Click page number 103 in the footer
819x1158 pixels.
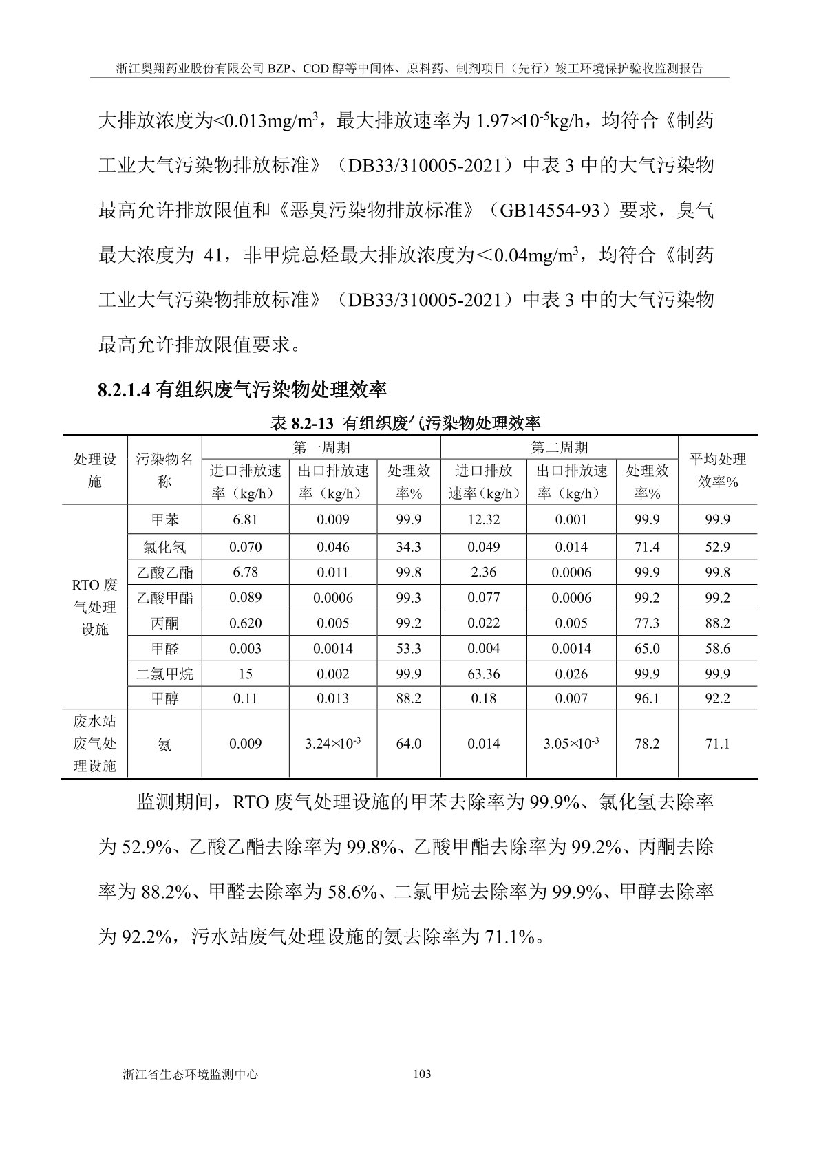pos(421,1074)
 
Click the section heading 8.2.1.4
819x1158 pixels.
pos(242,390)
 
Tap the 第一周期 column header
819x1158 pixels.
pos(321,448)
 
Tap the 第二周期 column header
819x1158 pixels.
pos(559,448)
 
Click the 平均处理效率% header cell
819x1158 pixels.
pos(717,471)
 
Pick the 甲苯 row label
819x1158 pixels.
pos(164,519)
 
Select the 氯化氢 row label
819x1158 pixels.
pos(164,547)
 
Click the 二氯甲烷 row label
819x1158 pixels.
pos(164,674)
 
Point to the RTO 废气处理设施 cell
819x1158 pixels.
pos(95,607)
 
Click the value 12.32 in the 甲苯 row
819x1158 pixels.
pos(483,519)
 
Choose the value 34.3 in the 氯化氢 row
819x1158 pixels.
pos(408,547)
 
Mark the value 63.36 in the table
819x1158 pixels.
pos(483,674)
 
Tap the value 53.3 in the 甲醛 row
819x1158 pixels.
pos(408,648)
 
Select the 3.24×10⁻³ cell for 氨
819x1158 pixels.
pos(332,744)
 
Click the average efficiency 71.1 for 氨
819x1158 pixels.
pos(717,744)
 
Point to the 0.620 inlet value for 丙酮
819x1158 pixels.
pos(245,623)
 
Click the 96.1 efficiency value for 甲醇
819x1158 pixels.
pos(646,698)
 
